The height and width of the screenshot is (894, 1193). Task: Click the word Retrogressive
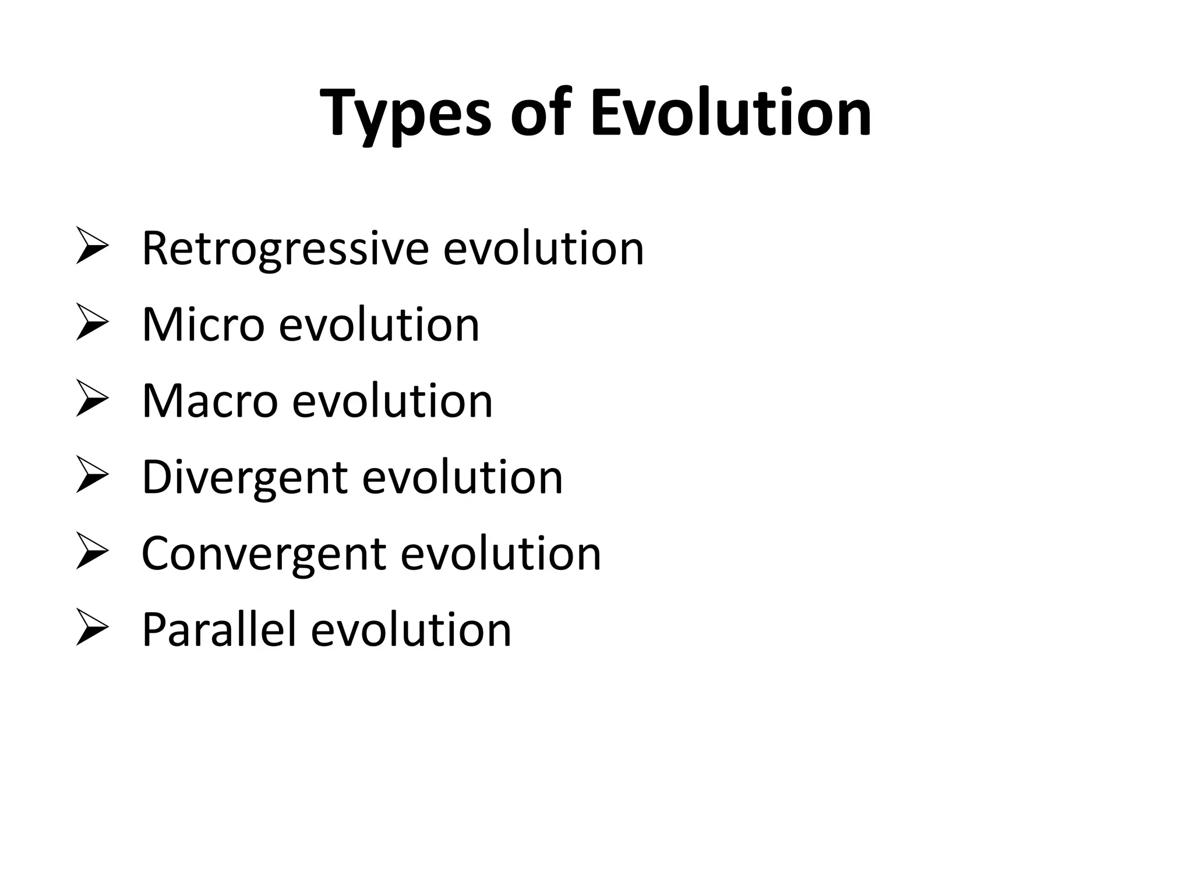click(x=285, y=250)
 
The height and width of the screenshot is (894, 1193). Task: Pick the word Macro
click(x=210, y=401)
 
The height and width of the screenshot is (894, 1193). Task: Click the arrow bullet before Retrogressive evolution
click(x=92, y=248)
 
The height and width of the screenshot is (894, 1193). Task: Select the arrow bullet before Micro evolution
click(x=92, y=324)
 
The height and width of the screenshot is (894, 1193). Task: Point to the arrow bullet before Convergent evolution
click(x=92, y=554)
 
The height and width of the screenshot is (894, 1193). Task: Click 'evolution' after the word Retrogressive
click(x=543, y=249)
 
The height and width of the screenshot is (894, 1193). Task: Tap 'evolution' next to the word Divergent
click(x=463, y=477)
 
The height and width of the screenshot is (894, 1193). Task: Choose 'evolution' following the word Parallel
click(x=411, y=630)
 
